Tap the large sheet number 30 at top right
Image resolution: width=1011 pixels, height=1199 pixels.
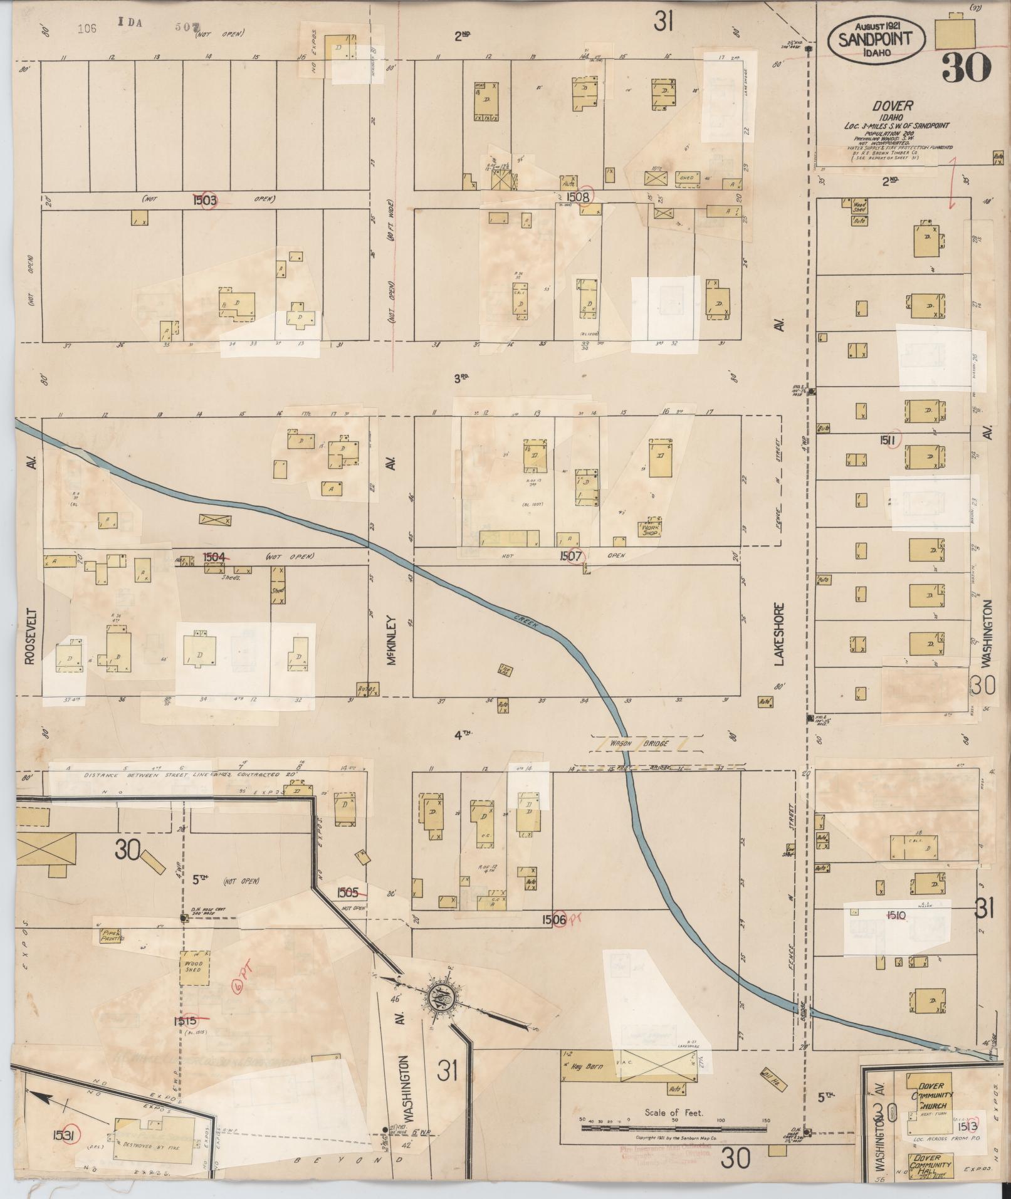tap(966, 68)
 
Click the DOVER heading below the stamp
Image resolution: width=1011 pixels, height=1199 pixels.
tap(896, 106)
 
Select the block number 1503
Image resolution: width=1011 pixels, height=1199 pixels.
tap(205, 199)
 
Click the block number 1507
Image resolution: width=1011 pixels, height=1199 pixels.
tap(573, 555)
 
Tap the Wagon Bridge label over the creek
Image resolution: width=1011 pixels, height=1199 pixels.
tap(645, 743)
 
